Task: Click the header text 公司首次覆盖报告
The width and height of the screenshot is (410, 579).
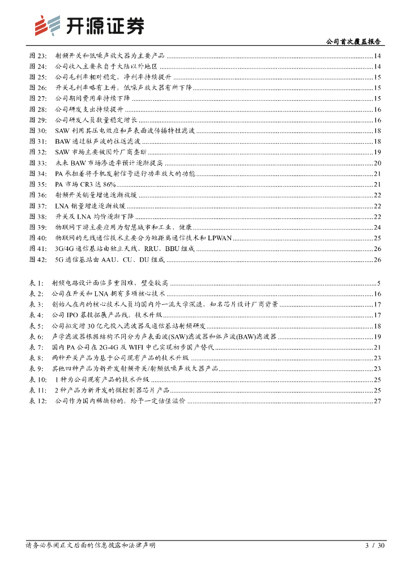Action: tap(355, 41)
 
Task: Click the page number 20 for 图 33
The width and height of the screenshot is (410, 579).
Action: tap(377, 163)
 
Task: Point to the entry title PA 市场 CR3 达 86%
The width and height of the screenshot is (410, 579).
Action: tap(86, 184)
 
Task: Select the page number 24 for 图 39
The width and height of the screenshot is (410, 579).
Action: tap(377, 227)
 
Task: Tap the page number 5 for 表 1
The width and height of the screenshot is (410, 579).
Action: tap(379, 283)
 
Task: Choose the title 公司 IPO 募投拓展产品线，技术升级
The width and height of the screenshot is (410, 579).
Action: tap(107, 315)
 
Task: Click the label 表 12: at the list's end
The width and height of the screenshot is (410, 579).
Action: tap(38, 401)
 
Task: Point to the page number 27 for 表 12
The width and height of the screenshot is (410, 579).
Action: tap(377, 401)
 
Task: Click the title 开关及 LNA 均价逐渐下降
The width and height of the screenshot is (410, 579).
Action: tap(95, 217)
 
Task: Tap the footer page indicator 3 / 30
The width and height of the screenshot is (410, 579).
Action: tap(375, 546)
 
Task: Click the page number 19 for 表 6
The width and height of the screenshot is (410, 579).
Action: tap(377, 336)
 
